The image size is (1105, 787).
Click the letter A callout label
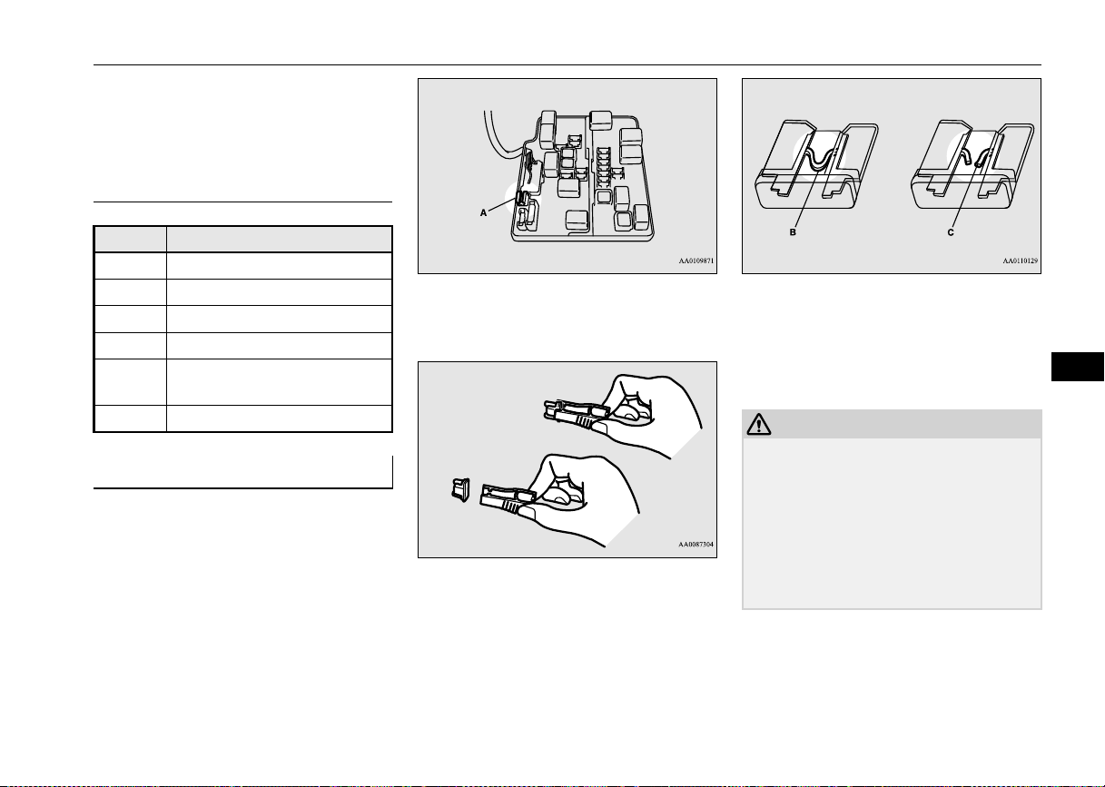(x=483, y=212)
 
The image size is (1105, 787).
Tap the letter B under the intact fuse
(x=793, y=231)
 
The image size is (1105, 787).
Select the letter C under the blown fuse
(x=951, y=231)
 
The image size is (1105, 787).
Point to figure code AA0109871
(x=696, y=261)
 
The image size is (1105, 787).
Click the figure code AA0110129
(x=1021, y=261)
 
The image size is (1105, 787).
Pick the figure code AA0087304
(x=696, y=545)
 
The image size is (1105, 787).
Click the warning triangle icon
(x=759, y=424)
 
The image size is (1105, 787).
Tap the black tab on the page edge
(x=1078, y=367)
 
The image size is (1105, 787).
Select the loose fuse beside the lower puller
(x=460, y=490)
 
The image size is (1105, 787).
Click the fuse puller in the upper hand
(x=577, y=413)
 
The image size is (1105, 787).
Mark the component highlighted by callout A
(x=522, y=199)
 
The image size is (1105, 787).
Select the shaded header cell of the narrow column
(x=130, y=239)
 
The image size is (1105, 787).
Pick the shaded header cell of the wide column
(x=280, y=239)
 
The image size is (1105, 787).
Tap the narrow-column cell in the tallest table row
(x=130, y=382)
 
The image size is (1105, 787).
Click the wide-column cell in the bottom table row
(x=280, y=418)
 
